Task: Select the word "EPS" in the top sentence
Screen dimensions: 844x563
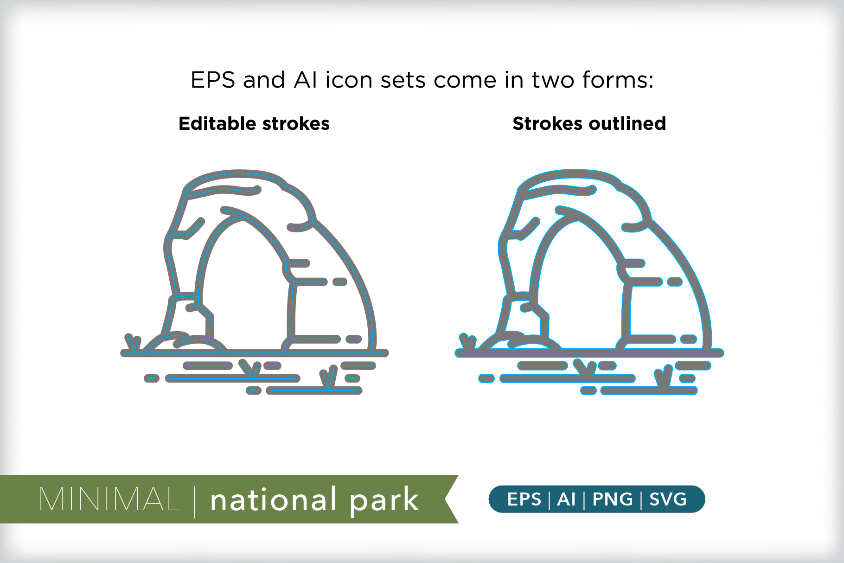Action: click(x=213, y=80)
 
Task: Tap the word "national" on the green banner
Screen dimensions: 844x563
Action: click(x=274, y=499)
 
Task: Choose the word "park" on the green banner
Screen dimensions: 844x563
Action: click(x=384, y=501)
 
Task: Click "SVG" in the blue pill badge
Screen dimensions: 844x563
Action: click(x=668, y=499)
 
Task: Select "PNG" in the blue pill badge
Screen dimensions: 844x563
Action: click(x=613, y=499)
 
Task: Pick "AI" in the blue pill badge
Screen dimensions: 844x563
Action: click(x=566, y=499)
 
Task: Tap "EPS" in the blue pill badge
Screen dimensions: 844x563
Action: click(x=524, y=499)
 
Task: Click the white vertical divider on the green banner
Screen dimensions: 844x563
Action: click(x=195, y=501)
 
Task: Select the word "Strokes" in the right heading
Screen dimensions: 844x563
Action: click(x=548, y=123)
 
